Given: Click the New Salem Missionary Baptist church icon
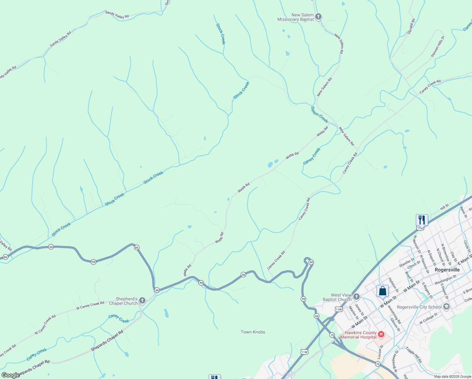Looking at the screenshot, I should tap(318, 16).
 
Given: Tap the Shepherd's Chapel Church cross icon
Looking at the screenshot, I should tap(142, 300).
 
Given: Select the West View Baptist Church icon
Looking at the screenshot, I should tap(357, 297).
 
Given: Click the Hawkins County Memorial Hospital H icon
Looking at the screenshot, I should tap(381, 334).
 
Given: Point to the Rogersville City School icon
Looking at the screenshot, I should tap(446, 306).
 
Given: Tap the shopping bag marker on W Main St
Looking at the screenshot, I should tap(382, 291).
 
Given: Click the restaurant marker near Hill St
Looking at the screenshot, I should tap(422, 220).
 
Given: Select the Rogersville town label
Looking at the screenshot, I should tap(447, 270).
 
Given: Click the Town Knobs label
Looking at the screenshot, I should tap(253, 332).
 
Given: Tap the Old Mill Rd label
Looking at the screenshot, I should tap(411, 26).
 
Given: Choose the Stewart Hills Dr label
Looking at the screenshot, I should tap(438, 47).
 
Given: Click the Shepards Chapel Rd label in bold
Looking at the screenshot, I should tap(107, 341).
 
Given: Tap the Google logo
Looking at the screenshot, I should tap(10, 375).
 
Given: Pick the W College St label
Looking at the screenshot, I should tap(428, 318).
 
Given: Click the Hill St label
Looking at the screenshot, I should tap(445, 208).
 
